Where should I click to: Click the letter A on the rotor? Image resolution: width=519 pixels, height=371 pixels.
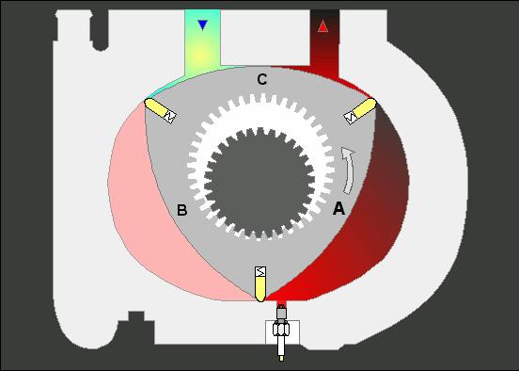(338, 208)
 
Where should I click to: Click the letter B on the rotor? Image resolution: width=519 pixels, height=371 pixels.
(182, 210)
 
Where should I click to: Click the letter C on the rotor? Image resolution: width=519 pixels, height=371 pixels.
(261, 80)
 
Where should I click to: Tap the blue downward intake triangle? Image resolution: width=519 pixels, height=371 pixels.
(202, 25)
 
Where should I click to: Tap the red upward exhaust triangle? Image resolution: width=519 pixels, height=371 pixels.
(322, 26)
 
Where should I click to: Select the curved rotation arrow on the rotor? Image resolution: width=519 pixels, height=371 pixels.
(348, 170)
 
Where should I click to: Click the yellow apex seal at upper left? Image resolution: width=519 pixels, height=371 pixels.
(157, 107)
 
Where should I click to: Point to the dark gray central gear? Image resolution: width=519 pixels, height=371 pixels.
(259, 183)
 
